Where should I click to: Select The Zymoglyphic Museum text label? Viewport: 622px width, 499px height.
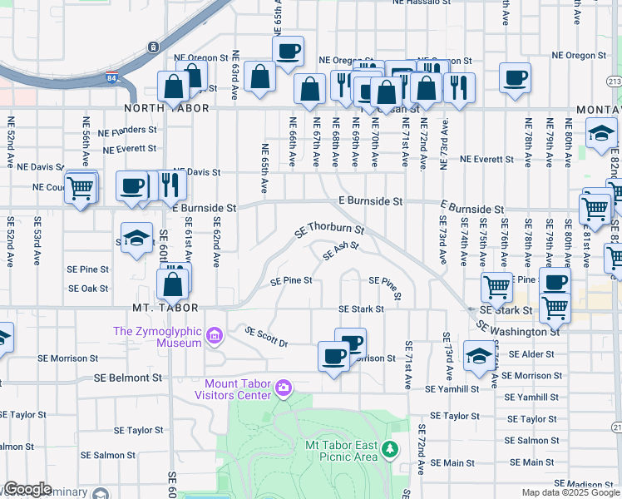coord(157,337)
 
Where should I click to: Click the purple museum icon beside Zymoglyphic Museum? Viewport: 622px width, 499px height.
coord(215,336)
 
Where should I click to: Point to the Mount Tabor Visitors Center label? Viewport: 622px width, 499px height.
coord(233,389)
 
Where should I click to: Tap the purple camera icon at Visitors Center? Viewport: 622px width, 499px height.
coord(284,387)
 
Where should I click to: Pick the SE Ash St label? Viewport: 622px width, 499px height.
coord(341,250)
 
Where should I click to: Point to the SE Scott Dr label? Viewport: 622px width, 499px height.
coord(266,336)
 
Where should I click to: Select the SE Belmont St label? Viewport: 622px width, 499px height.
coord(128,377)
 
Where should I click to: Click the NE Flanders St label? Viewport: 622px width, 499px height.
coord(127,131)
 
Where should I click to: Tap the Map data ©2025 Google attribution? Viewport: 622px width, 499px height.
coord(570,492)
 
